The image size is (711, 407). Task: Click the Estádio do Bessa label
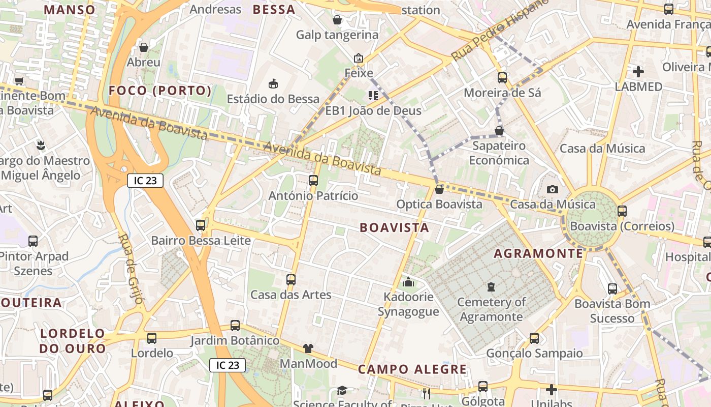point(273,99)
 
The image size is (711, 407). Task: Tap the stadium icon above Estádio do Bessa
point(273,83)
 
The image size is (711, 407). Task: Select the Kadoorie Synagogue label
point(408,304)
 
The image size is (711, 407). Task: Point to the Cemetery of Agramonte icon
point(491,287)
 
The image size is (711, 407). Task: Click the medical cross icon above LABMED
point(638,72)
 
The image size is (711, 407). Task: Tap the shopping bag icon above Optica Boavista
point(439,189)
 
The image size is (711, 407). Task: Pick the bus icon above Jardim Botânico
point(235,326)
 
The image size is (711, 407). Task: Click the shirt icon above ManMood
point(308,348)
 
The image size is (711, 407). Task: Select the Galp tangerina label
point(337,35)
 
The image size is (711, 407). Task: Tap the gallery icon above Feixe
point(359,58)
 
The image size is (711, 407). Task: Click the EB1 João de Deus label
point(373,110)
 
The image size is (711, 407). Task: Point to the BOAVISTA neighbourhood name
point(395,227)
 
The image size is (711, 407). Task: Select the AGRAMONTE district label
point(538,253)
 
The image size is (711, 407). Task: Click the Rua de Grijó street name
point(131,268)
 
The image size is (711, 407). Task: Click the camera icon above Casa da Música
point(553,190)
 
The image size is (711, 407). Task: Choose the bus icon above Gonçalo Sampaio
point(534,338)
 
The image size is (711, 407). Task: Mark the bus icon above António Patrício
point(313,181)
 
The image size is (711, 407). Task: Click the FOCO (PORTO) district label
point(160,91)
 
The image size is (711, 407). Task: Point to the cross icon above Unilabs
point(552,390)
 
